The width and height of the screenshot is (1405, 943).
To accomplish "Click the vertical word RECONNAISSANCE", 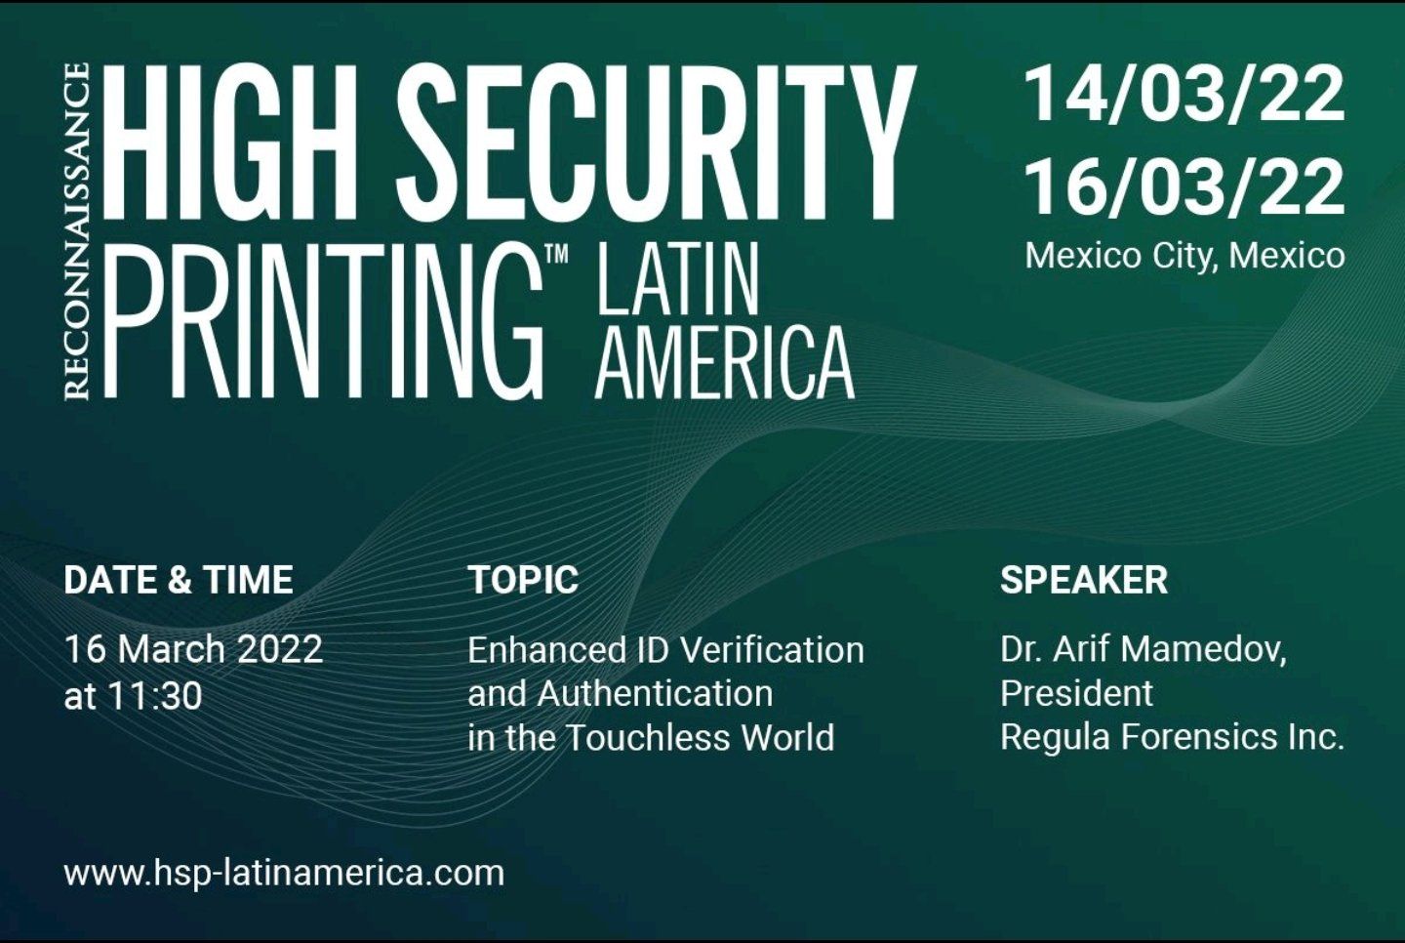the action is coord(76,230).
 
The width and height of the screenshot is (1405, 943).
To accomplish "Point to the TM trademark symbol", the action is coord(557,255).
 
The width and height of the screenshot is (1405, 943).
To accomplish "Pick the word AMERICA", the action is coord(724,363).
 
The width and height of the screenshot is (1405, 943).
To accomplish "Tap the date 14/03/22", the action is coord(1184,97).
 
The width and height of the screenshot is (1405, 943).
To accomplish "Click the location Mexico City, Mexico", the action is coord(1184,256).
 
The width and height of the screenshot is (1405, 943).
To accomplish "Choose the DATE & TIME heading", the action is coord(179,580).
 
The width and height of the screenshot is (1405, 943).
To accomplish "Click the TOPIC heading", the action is coord(523,580).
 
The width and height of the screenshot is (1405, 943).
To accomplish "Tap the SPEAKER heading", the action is coord(1084,580).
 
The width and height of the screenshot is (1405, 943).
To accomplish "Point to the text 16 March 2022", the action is coord(193,649).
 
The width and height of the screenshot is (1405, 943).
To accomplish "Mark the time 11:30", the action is coord(155,696).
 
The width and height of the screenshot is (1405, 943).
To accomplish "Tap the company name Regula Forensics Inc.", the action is coord(1173,738).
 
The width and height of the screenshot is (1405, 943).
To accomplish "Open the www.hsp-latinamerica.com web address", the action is coord(284,874).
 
